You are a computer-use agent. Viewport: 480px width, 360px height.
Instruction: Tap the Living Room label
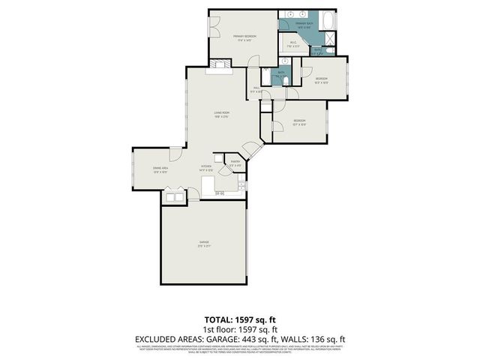pos(220,114)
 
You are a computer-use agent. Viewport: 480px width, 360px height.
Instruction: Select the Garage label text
pos(203,242)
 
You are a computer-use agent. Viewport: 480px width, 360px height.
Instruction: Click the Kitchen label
pos(205,167)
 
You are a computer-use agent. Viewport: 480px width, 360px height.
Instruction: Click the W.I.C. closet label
pos(294,44)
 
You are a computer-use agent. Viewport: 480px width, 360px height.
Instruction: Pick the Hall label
pos(255,89)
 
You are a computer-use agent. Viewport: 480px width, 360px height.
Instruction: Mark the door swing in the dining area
pos(174,155)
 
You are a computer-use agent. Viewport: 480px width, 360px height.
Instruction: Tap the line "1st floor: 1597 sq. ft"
pos(240,329)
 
